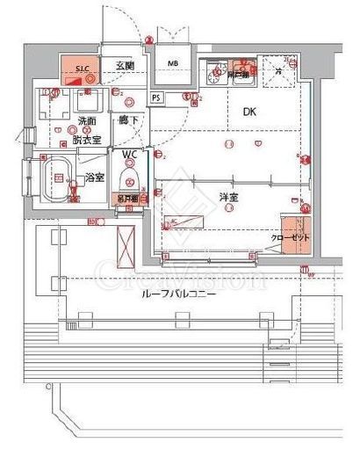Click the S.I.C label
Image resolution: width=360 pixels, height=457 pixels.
[x=81, y=68]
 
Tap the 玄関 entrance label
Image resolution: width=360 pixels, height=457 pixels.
[x=124, y=67]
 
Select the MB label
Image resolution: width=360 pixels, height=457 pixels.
[x=173, y=64]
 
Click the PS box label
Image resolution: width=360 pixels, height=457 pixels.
[x=156, y=98]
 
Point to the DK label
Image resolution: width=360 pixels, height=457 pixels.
[x=248, y=112]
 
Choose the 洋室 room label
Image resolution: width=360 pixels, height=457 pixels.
[x=230, y=199]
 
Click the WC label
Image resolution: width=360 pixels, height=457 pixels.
[x=130, y=156]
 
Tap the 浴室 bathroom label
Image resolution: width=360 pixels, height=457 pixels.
[x=94, y=178]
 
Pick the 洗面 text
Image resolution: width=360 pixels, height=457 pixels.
[x=86, y=120]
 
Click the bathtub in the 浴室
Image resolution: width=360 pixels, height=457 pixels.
[x=58, y=178]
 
